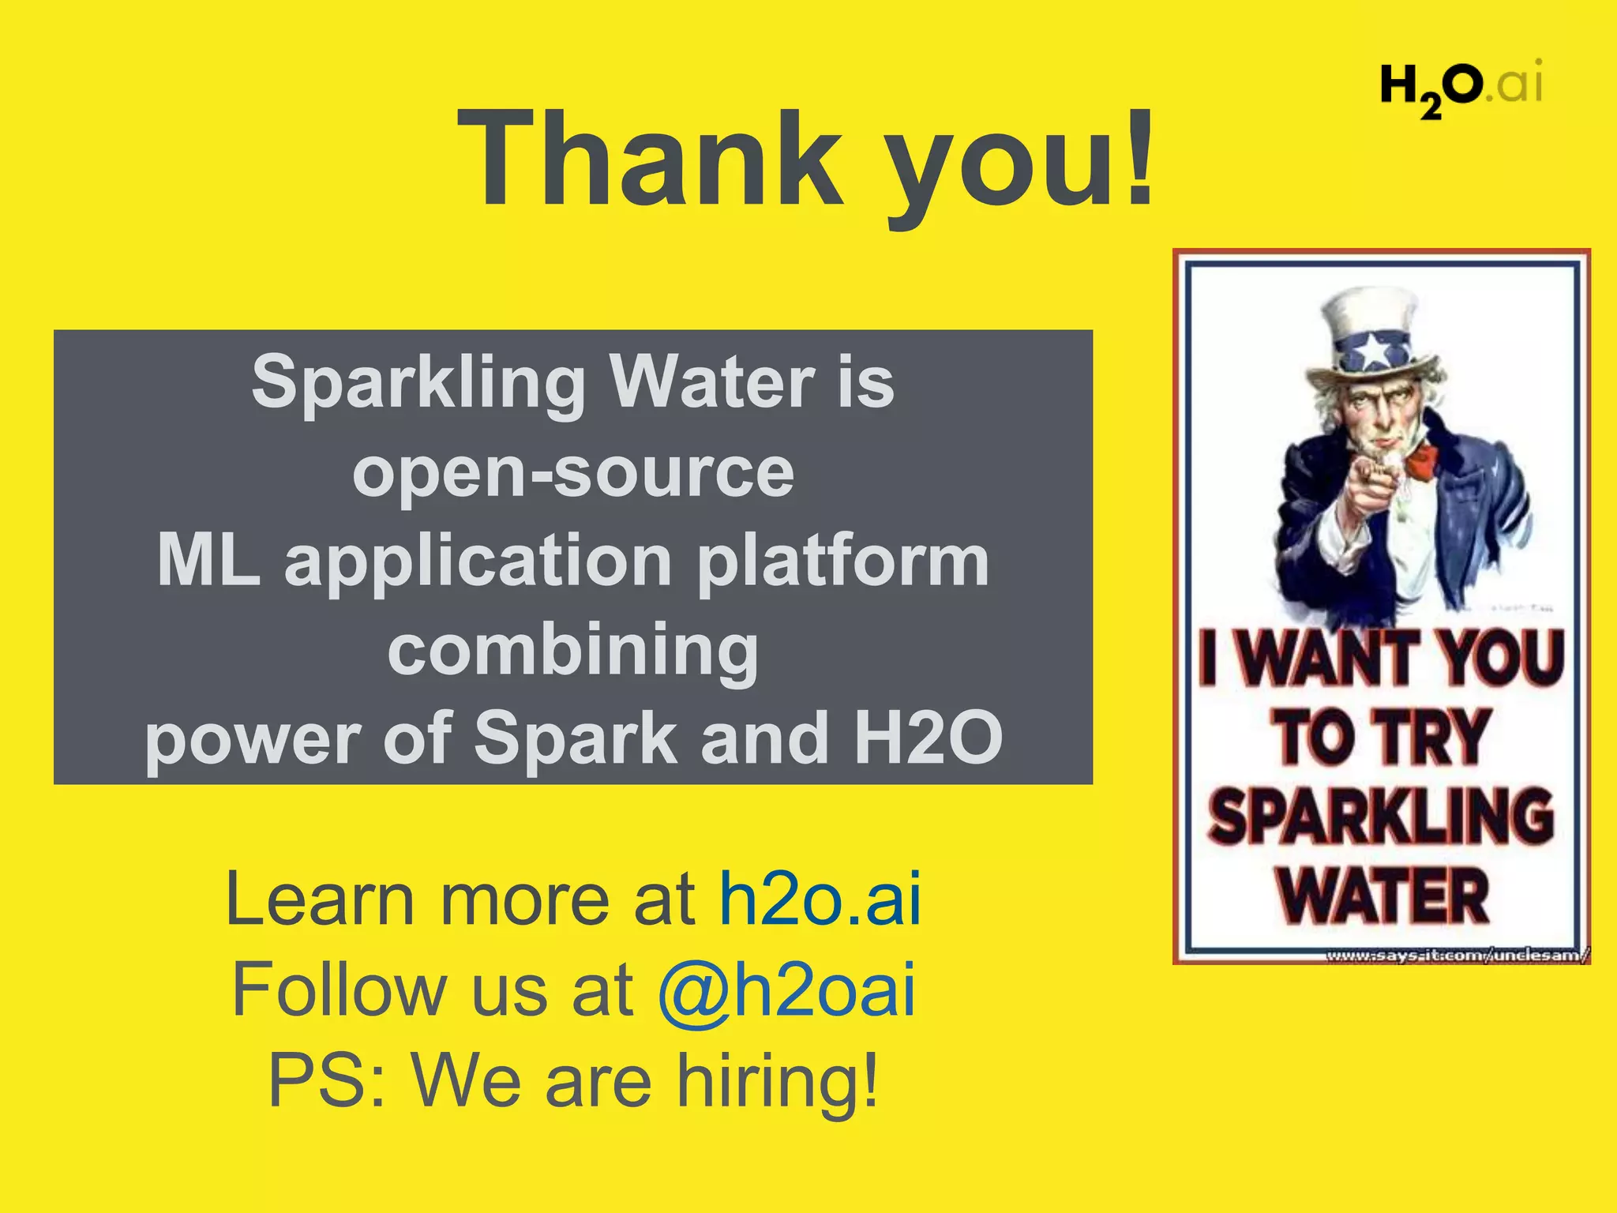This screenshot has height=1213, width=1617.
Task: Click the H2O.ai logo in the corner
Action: [1460, 85]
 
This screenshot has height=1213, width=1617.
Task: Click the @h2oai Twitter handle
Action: [786, 990]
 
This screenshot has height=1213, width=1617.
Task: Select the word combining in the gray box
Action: [573, 649]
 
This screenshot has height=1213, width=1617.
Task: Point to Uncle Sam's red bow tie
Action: [1421, 462]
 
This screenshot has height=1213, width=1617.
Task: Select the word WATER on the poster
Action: [1383, 896]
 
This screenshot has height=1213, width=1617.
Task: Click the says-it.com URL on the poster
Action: [1457, 956]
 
